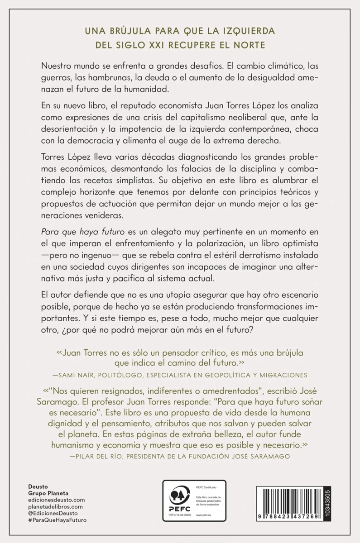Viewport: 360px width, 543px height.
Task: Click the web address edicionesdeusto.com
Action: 56,500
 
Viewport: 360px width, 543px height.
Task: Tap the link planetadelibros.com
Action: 56,507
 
